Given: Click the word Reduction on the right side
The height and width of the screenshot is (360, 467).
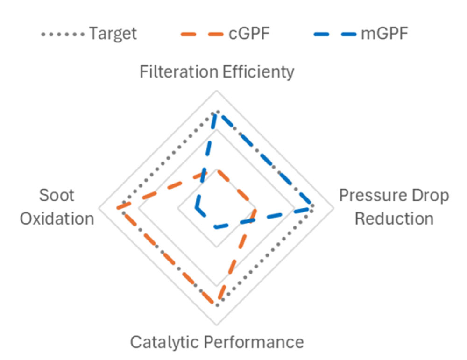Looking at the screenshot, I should pos(394,218).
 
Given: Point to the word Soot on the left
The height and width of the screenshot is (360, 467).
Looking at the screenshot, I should pos(57,196).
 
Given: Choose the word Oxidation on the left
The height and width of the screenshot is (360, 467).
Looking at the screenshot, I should pos(57,218).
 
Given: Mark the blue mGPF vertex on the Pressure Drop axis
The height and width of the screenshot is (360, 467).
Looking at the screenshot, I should pos(310,208).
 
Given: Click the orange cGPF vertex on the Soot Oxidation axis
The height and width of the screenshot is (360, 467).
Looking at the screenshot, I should pos(118,207).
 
